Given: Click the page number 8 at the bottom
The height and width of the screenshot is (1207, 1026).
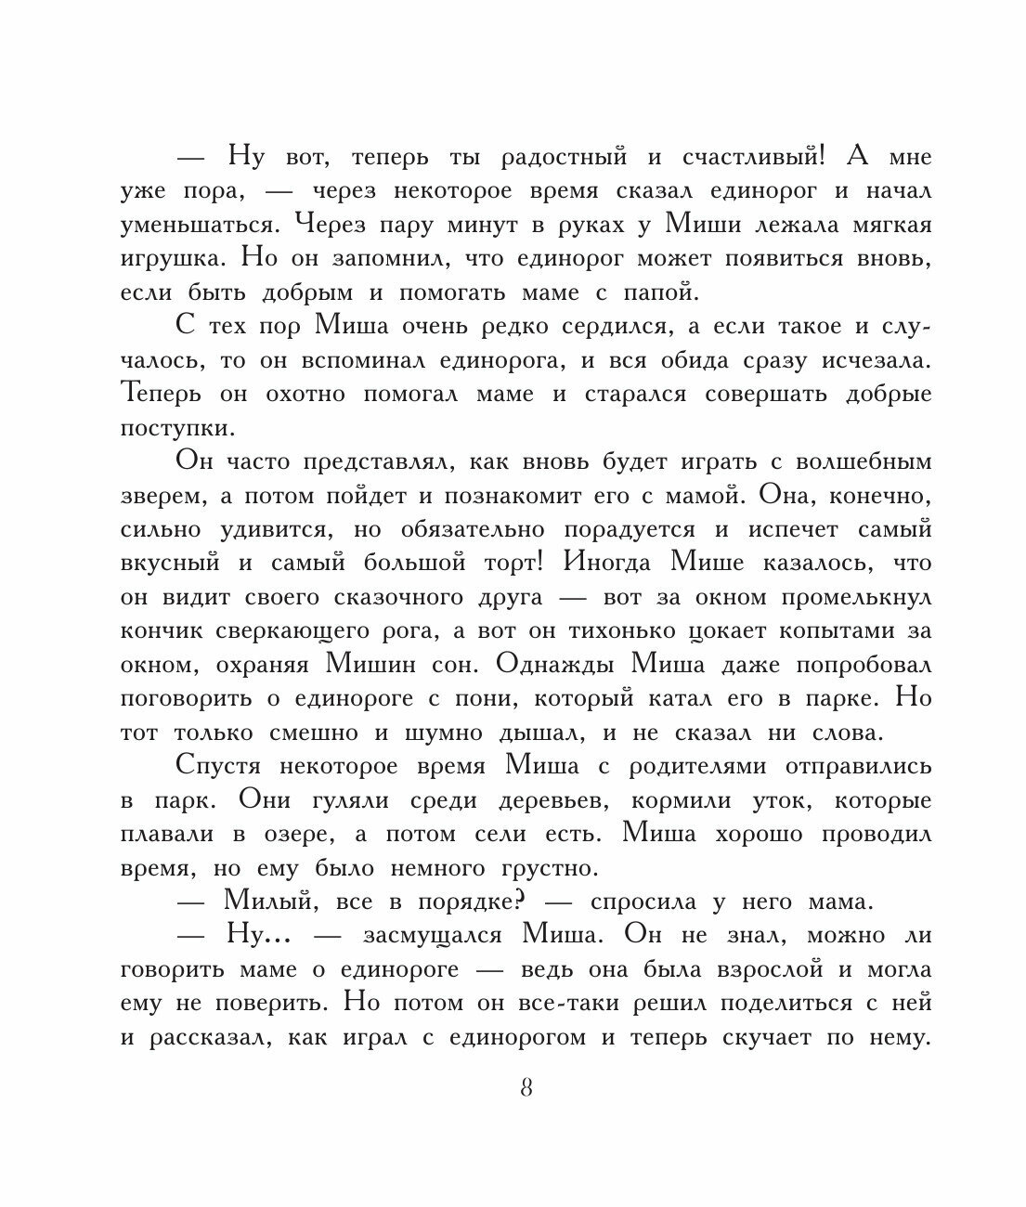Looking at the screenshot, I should [526, 1088].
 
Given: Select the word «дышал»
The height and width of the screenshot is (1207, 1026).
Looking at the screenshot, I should [547, 733].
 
